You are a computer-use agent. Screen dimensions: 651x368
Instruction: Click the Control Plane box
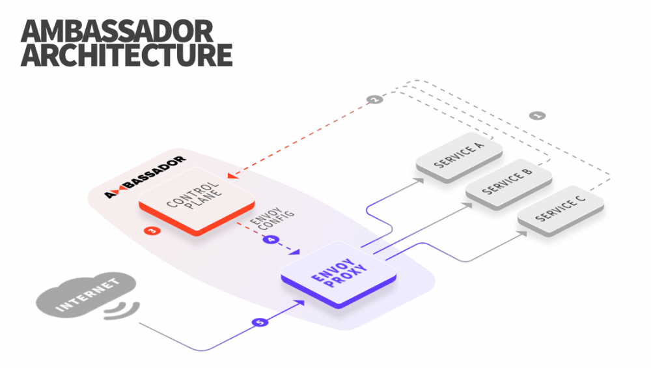tap(197, 201)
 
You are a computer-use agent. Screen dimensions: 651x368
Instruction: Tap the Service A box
tap(459, 157)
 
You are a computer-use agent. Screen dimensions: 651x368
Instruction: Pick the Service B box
tap(508, 184)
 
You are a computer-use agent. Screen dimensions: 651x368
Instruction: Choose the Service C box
tap(561, 210)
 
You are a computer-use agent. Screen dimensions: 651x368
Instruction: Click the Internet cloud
tap(87, 294)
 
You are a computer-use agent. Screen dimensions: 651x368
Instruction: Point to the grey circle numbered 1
tap(537, 115)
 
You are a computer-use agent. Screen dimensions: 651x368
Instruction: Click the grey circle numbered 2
tap(374, 99)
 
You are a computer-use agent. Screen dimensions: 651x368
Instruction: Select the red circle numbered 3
tap(152, 231)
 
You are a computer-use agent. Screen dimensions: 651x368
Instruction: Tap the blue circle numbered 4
tap(271, 239)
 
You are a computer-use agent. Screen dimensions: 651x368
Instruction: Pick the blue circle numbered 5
tap(260, 322)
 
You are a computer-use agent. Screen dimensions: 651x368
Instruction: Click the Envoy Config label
tap(272, 218)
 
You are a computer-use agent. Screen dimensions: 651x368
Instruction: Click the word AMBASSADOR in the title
tap(117, 31)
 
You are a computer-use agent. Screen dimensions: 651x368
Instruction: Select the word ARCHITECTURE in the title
tap(127, 55)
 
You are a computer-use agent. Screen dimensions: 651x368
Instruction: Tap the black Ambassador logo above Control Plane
tap(145, 177)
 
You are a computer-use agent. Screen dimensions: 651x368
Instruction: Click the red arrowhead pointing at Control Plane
tap(232, 175)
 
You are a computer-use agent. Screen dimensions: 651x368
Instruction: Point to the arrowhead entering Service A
tap(420, 180)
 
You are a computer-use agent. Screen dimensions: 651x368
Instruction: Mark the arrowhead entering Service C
tap(523, 234)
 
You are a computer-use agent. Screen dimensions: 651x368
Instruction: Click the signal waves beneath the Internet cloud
tap(121, 311)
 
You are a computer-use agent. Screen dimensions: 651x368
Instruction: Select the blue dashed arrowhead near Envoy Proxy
tap(295, 251)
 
